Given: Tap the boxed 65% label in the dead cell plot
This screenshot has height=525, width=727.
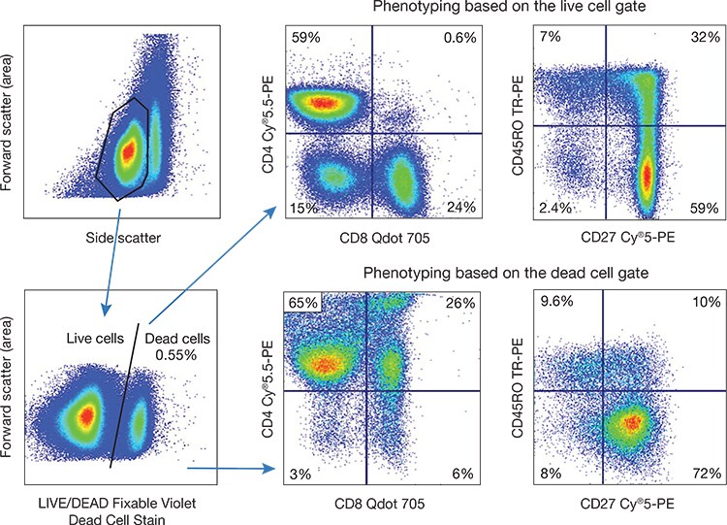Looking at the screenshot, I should point(303,304).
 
